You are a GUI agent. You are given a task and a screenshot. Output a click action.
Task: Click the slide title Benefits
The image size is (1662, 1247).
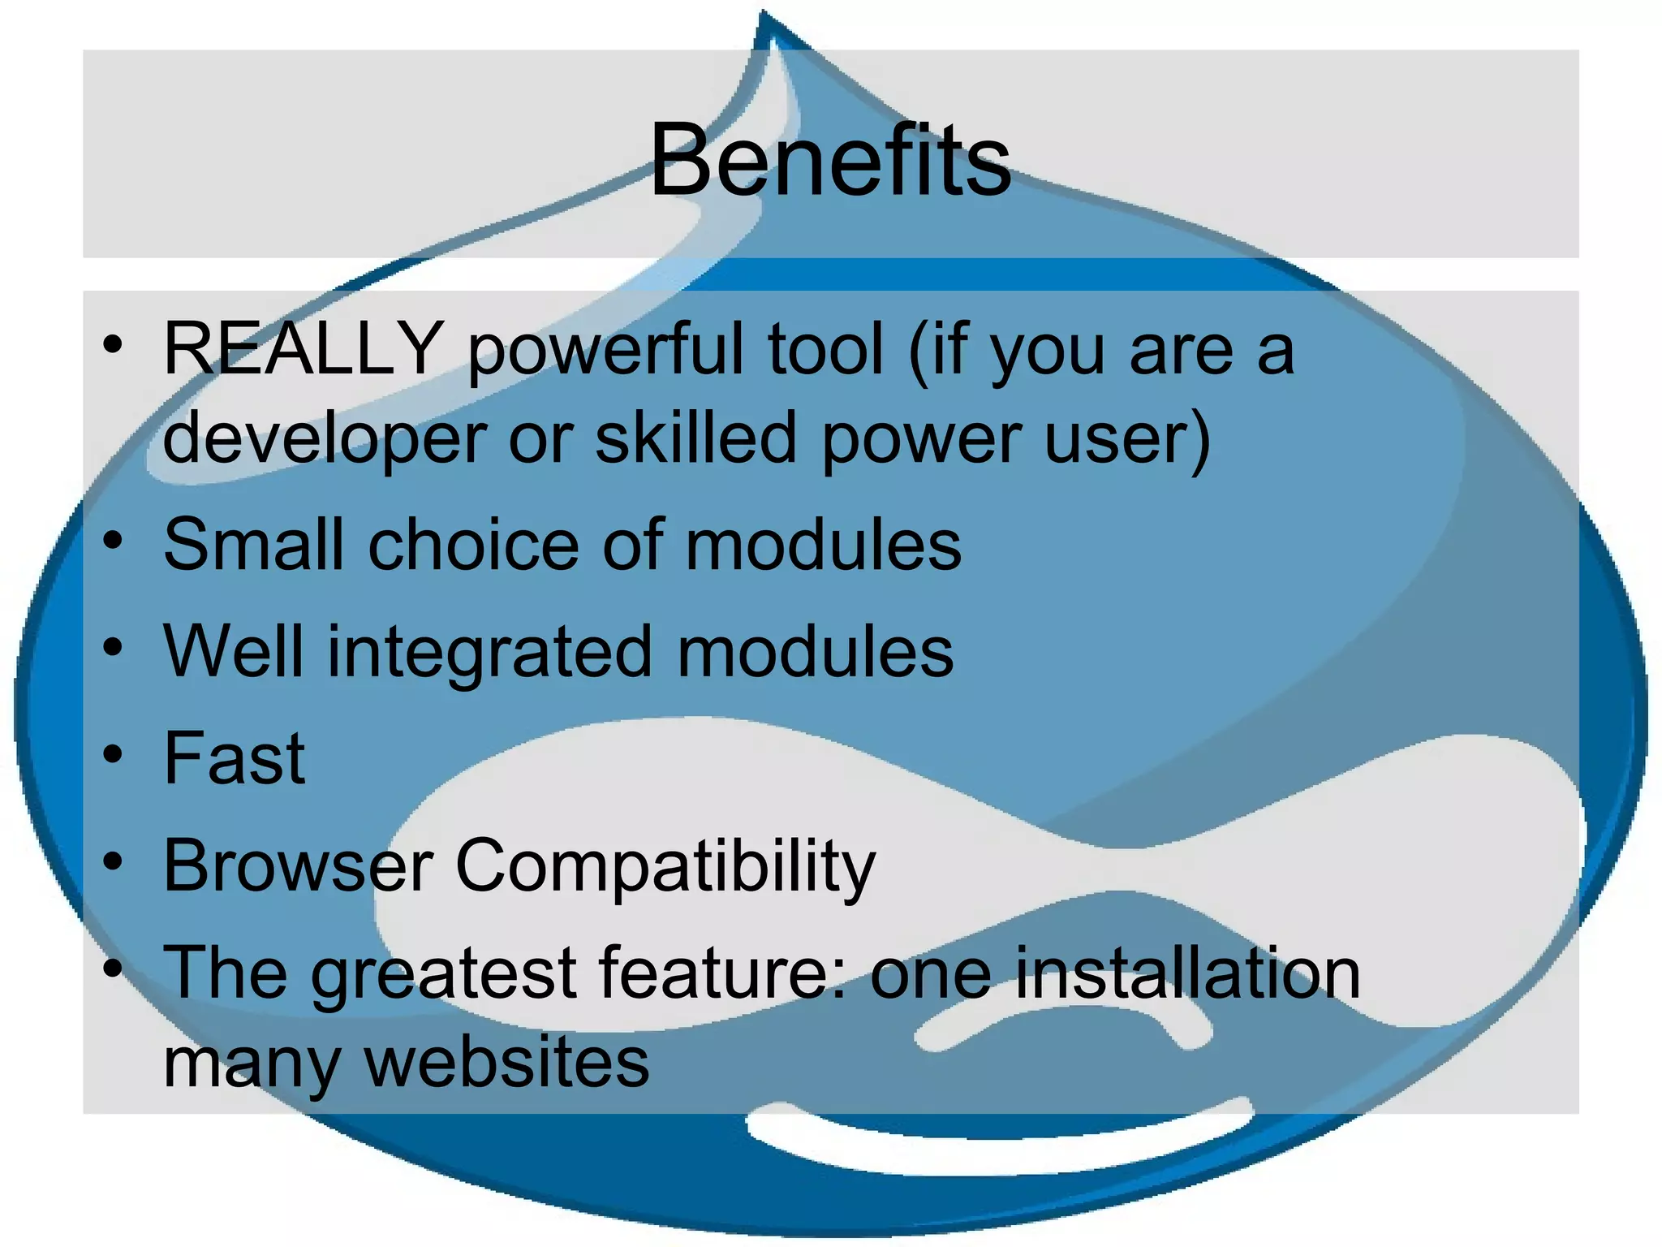point(830,159)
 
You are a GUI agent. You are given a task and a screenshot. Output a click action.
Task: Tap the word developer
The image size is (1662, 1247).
point(325,439)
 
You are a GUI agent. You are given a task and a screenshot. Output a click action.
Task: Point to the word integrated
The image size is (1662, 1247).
point(489,653)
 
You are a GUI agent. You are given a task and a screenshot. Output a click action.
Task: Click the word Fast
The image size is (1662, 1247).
point(235,759)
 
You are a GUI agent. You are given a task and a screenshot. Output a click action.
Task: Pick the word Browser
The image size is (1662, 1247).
point(298,866)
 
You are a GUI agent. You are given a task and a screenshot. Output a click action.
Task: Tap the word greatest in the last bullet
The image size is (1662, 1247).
point(443,974)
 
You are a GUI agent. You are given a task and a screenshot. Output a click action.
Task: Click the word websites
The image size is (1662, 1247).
point(507,1063)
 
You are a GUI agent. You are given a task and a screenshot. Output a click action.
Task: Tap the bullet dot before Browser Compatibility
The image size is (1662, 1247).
point(113,861)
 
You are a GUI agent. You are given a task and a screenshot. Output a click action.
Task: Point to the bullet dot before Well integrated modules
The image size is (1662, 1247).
point(113,648)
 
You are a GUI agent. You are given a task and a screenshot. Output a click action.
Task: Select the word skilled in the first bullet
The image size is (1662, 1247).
point(696,438)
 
